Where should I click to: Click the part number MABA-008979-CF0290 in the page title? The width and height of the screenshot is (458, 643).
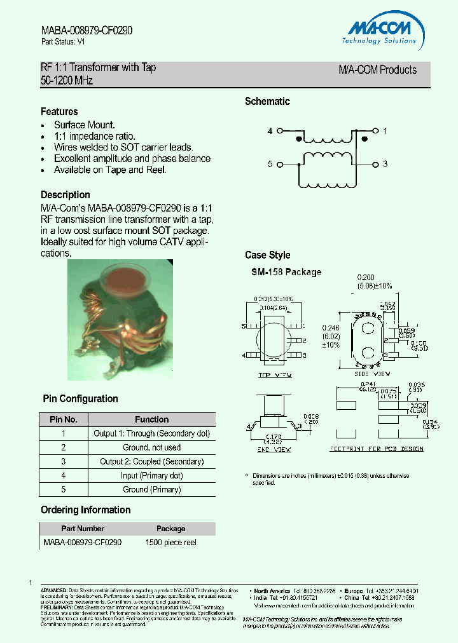87,30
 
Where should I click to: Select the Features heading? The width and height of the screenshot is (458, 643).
59,112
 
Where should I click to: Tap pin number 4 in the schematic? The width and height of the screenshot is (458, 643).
270,131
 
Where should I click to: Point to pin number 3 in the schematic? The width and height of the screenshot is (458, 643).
385,164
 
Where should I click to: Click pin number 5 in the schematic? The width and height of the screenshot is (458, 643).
270,164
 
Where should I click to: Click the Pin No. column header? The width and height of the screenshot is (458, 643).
64,419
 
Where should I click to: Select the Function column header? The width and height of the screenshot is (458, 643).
151,419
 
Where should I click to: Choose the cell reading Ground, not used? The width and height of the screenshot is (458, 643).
151,447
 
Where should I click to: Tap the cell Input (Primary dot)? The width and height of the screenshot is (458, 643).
151,475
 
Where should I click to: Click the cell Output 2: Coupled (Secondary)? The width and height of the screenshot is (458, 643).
151,461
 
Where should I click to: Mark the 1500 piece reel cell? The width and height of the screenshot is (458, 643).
170,543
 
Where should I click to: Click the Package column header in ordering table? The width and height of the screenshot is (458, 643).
170,529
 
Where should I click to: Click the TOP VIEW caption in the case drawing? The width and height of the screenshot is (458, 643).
275,376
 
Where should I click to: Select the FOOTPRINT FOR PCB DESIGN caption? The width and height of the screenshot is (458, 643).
377,449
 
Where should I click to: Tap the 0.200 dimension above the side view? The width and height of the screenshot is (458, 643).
366,277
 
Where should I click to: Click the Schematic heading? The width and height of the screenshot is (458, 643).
267,102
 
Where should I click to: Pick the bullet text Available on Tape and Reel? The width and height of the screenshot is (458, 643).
110,170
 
